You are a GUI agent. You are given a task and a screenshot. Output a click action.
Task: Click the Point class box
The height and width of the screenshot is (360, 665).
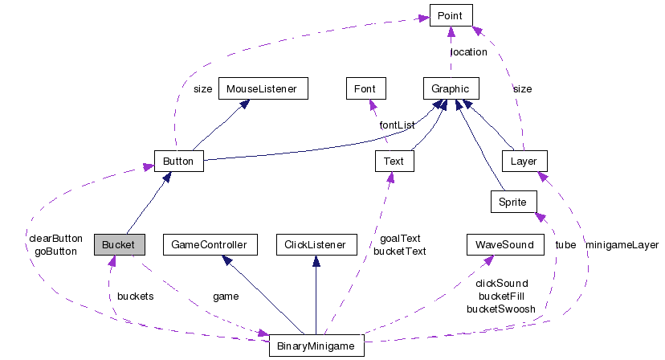coord(451,15)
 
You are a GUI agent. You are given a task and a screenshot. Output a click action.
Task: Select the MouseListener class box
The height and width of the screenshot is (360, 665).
coord(263,88)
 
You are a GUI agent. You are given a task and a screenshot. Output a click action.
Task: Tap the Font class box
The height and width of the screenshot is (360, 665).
coord(365,88)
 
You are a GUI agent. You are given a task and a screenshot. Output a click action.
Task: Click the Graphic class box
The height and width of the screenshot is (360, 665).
coord(451,88)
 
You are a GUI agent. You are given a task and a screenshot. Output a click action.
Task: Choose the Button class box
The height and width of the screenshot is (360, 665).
coord(178,161)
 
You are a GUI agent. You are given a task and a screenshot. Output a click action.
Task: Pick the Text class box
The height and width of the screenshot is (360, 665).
coord(394,161)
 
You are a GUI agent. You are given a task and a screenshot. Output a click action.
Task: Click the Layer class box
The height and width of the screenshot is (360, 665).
coord(523,161)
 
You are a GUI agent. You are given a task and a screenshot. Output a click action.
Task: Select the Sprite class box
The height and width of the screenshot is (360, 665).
coord(512,201)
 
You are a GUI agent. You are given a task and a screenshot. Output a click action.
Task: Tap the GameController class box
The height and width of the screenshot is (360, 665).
coord(209,244)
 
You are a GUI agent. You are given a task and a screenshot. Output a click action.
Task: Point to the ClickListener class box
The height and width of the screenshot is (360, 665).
coord(315,244)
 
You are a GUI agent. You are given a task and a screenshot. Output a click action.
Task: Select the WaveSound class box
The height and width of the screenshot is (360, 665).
coord(504,244)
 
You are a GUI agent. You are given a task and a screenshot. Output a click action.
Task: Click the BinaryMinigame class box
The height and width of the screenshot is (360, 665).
coord(316,346)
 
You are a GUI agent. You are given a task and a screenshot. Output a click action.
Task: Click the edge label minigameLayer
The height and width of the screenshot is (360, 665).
coord(622,244)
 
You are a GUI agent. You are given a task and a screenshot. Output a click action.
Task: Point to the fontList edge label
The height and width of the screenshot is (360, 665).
coord(397,125)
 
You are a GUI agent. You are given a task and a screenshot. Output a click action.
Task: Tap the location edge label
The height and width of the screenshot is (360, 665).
coord(468,52)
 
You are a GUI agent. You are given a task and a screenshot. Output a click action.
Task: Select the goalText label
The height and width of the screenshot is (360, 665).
coord(400,238)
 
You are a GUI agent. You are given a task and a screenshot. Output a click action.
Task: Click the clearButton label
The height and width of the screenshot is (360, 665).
coord(55,238)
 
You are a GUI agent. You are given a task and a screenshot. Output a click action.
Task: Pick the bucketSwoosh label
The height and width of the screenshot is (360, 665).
coord(500,309)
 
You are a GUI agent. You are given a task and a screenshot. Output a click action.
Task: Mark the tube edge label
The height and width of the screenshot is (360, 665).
coord(565,244)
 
